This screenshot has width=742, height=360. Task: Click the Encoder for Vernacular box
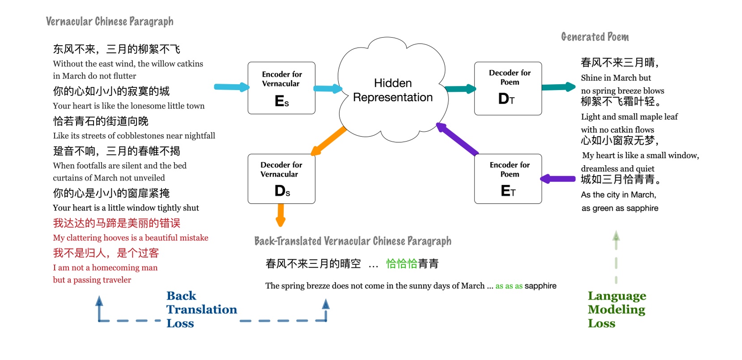281,88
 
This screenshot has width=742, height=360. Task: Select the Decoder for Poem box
508,89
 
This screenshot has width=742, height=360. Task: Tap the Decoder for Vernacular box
281,179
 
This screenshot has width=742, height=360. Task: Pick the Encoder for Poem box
508,179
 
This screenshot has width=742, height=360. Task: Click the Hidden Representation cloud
392,90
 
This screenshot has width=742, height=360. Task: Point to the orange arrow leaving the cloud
328,141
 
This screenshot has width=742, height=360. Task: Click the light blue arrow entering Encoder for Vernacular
231,87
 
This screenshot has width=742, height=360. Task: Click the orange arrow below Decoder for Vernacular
281,214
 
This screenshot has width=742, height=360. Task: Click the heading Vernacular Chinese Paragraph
110,21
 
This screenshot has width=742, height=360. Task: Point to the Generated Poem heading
595,37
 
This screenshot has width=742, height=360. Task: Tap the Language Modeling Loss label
616,309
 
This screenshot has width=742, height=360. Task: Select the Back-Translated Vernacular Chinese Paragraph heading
353,241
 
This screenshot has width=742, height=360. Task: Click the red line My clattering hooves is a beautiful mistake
131,238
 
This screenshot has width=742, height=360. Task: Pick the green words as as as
509,286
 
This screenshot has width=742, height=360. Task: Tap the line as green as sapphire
620,208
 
